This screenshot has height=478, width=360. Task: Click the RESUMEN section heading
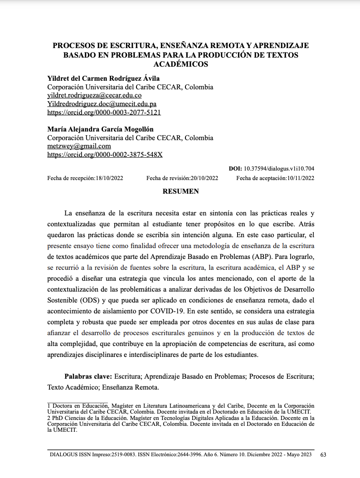pyautogui.click(x=180, y=191)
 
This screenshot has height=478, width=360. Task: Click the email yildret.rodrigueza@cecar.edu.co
pyautogui.click(x=94, y=96)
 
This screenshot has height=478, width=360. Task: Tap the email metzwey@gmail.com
pyautogui.click(x=79, y=146)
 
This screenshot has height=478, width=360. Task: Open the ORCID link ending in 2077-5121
pyautogui.click(x=104, y=112)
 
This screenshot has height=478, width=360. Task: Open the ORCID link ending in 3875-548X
pyautogui.click(x=105, y=155)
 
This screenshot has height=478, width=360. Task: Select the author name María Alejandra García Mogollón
pyautogui.click(x=101, y=129)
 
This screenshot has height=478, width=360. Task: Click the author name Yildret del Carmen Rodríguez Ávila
pyautogui.click(x=103, y=78)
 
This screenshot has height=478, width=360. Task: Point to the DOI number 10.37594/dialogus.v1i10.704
pyautogui.click(x=279, y=169)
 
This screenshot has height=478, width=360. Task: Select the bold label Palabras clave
pyautogui.click(x=88, y=376)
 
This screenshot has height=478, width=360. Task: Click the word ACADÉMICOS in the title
pyautogui.click(x=180, y=64)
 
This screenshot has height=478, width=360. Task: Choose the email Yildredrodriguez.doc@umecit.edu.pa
pyautogui.click(x=102, y=104)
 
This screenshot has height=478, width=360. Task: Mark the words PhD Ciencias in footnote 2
pyautogui.click(x=67, y=417)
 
